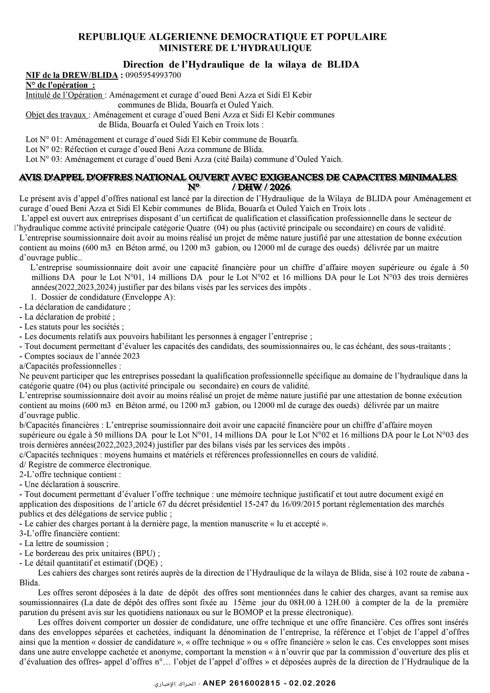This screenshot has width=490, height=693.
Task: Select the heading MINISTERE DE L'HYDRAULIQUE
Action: [235, 48]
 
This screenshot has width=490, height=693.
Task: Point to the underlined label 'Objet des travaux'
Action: [57, 115]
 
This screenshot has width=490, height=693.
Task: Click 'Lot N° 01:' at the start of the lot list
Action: [44, 139]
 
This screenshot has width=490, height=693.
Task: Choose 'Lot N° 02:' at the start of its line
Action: [44, 149]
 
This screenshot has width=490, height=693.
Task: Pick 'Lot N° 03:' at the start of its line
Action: [44, 159]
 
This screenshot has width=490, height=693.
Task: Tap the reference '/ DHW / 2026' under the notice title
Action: [261, 187]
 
